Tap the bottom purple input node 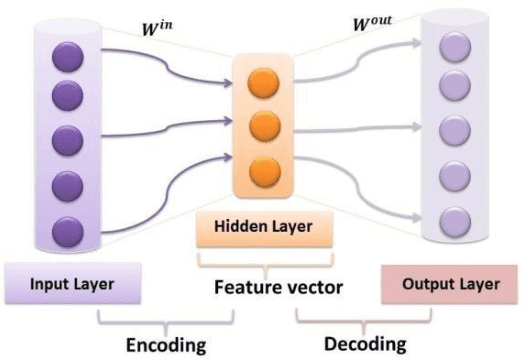pyautogui.click(x=66, y=229)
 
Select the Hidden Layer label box pyautogui.click(x=264, y=226)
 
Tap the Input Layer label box pyautogui.click(x=72, y=284)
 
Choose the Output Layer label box pyautogui.click(x=452, y=284)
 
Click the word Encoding pyautogui.click(x=165, y=345)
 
